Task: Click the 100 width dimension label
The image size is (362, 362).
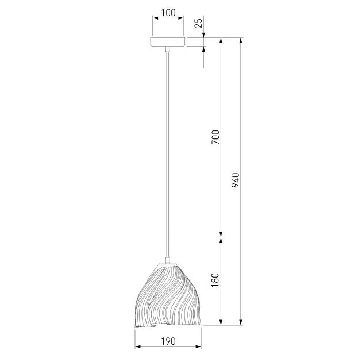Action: (x=168, y=13)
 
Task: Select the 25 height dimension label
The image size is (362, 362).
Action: (x=198, y=23)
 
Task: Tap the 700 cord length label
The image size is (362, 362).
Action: (x=215, y=137)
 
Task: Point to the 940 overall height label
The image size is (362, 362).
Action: (x=236, y=180)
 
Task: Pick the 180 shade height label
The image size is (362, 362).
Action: (x=215, y=280)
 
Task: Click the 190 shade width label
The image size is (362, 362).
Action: (x=168, y=341)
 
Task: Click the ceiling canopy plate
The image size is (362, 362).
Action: (x=168, y=42)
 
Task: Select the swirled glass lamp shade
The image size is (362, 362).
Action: (x=168, y=295)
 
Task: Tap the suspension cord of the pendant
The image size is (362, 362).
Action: (x=168, y=154)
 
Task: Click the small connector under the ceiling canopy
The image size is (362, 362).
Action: (x=168, y=49)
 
